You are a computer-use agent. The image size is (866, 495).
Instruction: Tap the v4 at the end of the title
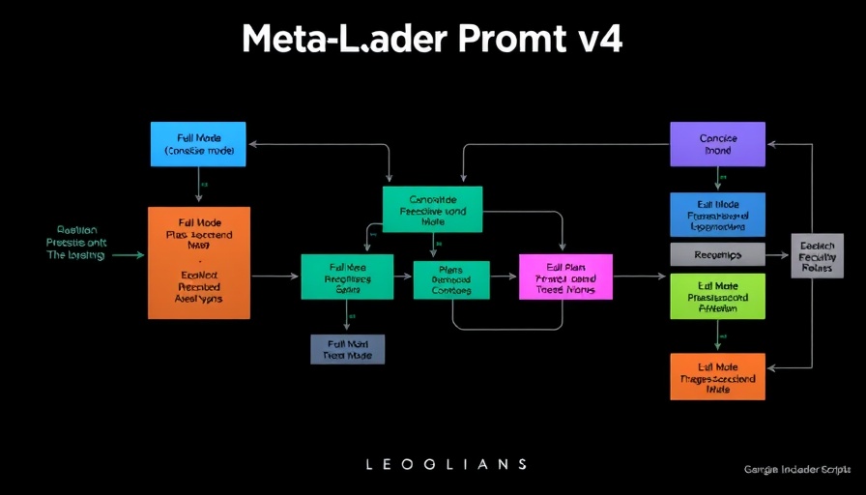click(x=601, y=40)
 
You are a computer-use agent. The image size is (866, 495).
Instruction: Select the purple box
click(x=717, y=144)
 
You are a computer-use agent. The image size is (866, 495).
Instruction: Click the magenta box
click(x=565, y=277)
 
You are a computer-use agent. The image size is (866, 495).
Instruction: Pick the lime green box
click(x=717, y=296)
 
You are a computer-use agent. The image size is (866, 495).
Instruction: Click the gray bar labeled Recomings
click(x=717, y=254)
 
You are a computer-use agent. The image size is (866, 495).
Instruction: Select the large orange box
click(x=198, y=262)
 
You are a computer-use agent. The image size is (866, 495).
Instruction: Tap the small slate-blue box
click(x=347, y=349)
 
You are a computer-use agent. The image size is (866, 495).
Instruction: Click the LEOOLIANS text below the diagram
click(x=447, y=464)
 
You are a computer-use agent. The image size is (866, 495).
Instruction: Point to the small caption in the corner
click(x=797, y=469)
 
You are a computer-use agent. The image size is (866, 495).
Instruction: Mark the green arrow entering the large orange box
click(x=129, y=255)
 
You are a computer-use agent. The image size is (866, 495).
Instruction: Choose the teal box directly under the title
click(x=432, y=209)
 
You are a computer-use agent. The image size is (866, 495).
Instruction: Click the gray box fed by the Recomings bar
click(x=817, y=255)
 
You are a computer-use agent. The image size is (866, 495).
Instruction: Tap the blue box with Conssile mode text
click(x=198, y=144)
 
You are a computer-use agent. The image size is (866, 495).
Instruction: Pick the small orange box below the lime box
click(x=717, y=376)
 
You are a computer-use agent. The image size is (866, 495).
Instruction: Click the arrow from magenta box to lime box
click(x=640, y=277)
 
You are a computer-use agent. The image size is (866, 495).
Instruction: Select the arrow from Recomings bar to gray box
click(x=777, y=254)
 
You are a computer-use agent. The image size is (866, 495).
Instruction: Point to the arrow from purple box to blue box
click(x=717, y=179)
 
